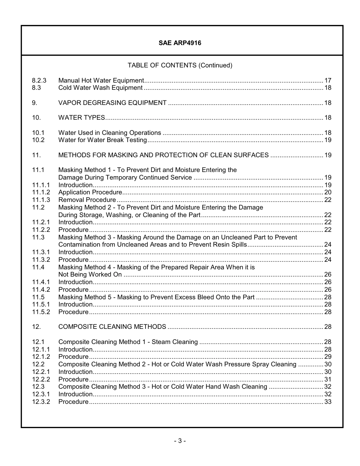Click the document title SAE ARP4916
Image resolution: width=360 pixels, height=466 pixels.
180,43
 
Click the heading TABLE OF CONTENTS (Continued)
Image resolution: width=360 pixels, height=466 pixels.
180,66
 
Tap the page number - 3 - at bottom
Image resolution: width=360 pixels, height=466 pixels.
180,441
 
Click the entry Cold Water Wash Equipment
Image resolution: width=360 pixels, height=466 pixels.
100,88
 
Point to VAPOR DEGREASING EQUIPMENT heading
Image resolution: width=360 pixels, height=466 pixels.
112,103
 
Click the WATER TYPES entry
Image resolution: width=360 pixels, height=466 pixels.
81,118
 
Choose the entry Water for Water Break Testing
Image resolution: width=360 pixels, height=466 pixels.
102,140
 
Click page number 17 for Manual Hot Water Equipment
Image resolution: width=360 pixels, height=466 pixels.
328,80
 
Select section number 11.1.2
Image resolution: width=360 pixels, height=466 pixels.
41,192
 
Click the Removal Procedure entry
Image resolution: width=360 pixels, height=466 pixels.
87,200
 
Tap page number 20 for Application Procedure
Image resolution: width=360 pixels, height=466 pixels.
328,192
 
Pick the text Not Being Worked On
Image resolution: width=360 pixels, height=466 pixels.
90,275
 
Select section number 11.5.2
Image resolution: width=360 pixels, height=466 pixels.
41,312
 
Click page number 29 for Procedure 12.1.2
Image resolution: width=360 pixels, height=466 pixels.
328,357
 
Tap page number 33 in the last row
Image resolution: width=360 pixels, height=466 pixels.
328,402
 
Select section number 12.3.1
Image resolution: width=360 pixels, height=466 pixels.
41,394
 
